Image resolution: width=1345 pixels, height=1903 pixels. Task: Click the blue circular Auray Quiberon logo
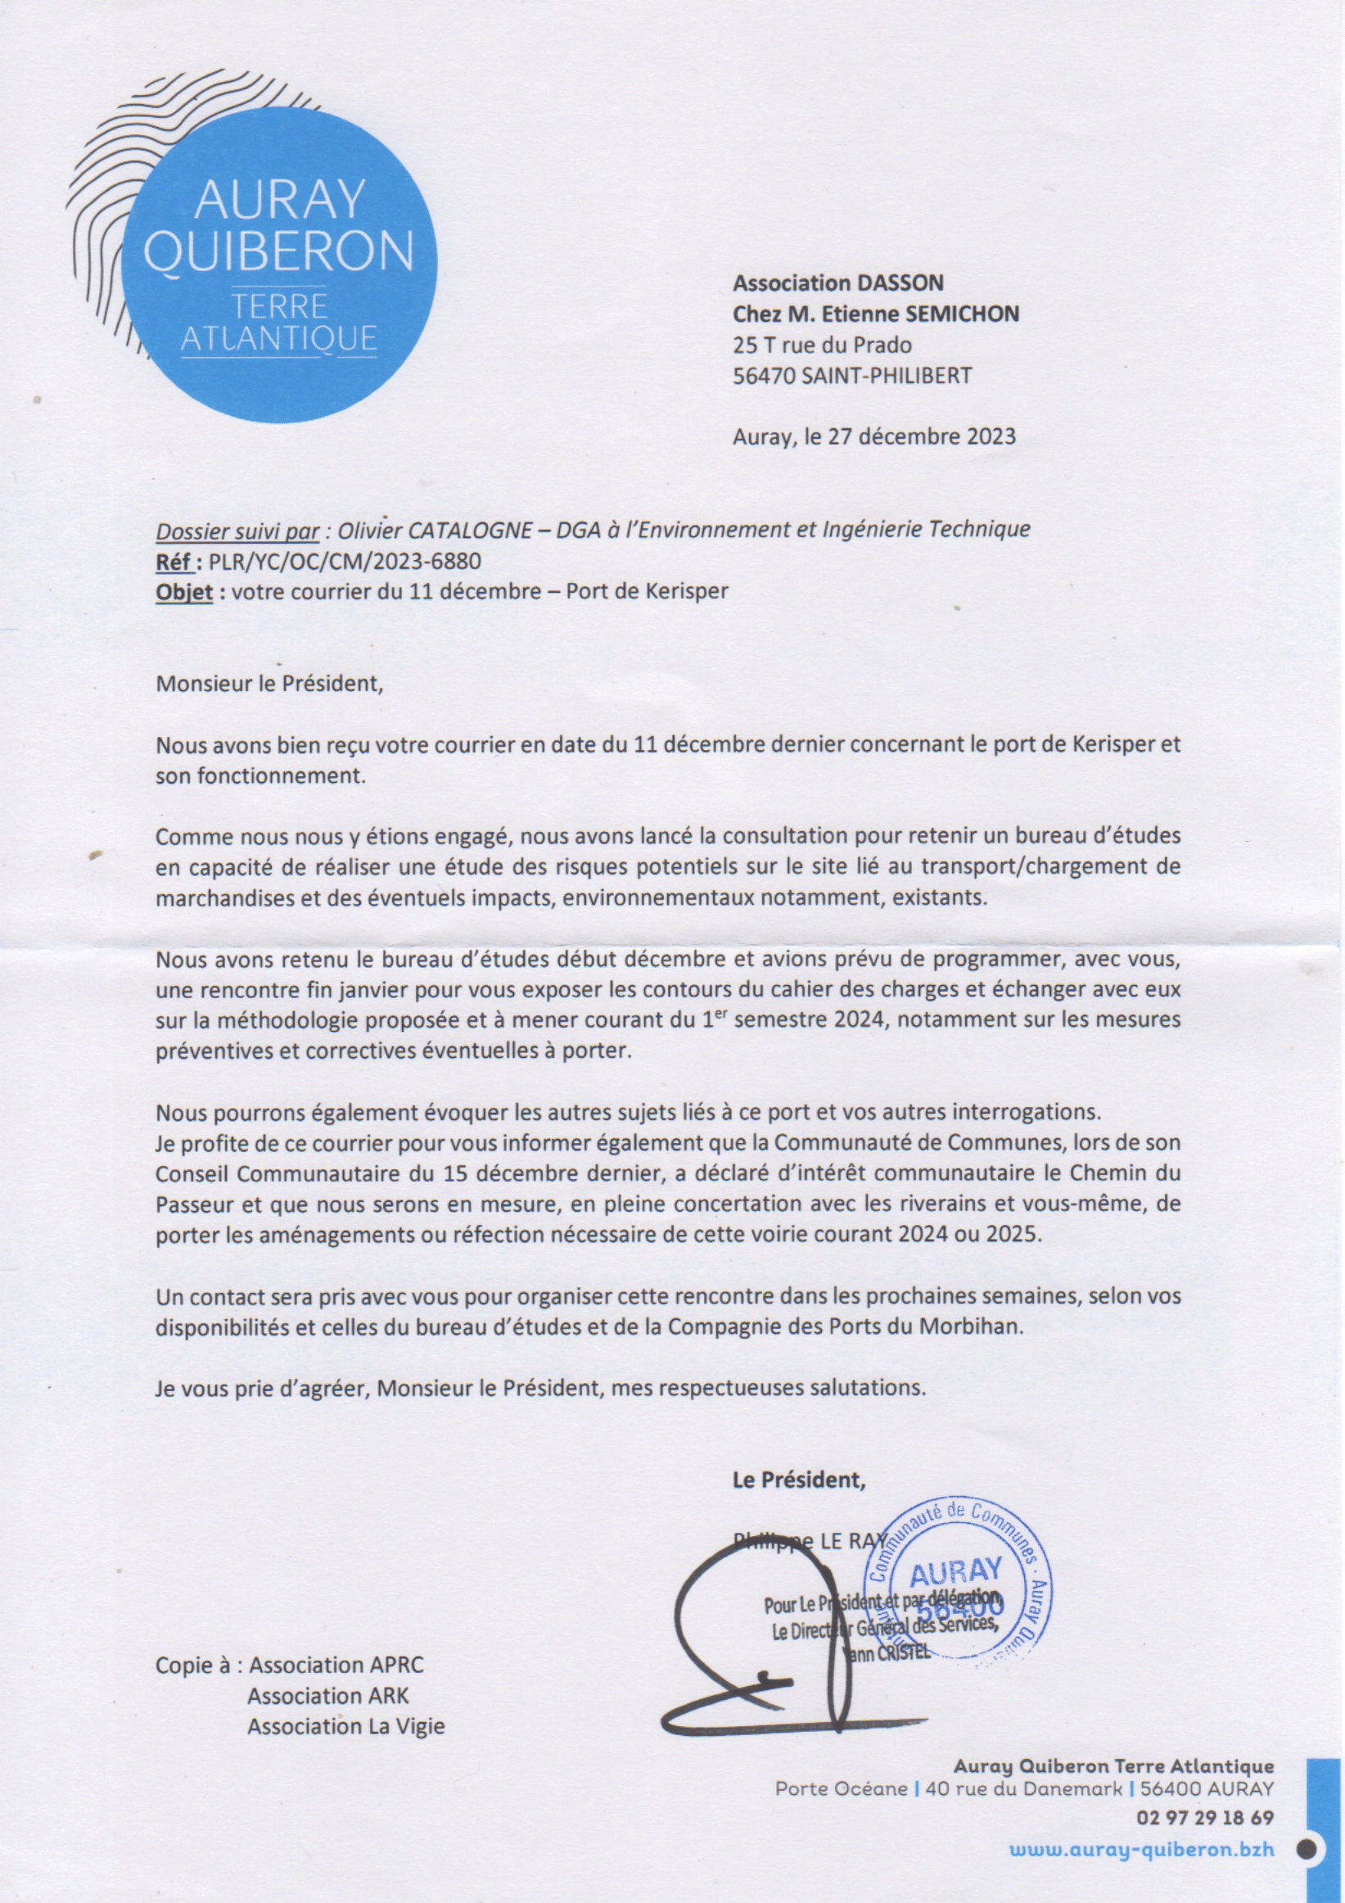278,264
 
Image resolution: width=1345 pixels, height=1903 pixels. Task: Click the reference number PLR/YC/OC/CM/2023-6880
345,561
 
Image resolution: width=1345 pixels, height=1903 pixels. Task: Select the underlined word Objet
184,592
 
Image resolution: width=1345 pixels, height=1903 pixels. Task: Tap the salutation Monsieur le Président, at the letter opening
270,685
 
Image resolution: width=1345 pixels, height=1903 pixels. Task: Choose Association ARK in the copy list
328,1696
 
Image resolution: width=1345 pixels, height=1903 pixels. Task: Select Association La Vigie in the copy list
345,1726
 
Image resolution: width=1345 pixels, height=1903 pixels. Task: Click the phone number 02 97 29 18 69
1205,1819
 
